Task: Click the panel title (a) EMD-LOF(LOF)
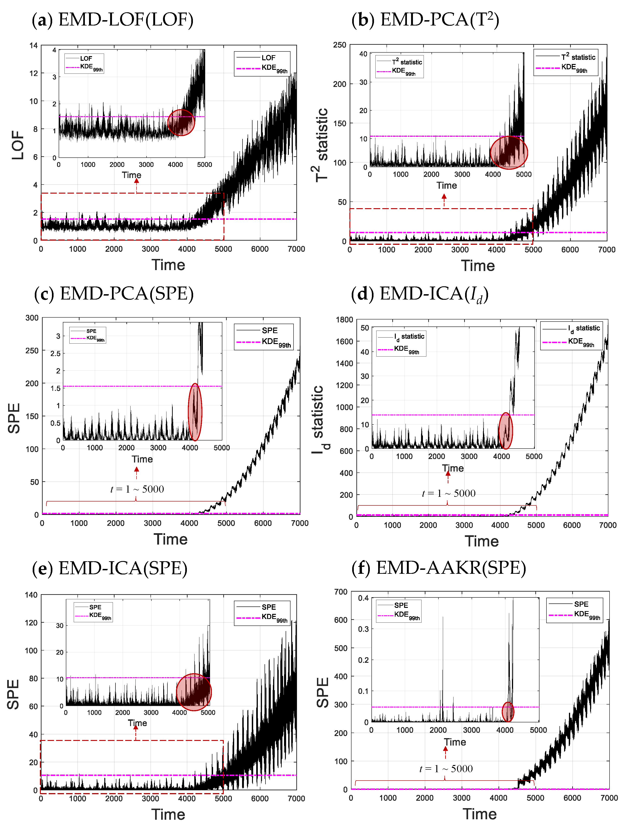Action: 113,19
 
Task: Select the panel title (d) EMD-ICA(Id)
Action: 420,294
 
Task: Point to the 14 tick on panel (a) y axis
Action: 34,46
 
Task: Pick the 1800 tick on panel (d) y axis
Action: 344,320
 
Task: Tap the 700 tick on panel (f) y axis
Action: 341,592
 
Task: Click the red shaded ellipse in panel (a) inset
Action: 181,122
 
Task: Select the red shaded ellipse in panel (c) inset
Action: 195,412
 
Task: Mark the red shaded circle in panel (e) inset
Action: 194,692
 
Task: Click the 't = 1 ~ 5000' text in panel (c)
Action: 137,489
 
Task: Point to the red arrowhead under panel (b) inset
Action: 444,196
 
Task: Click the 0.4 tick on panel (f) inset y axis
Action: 363,598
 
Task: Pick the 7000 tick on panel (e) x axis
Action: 296,798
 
